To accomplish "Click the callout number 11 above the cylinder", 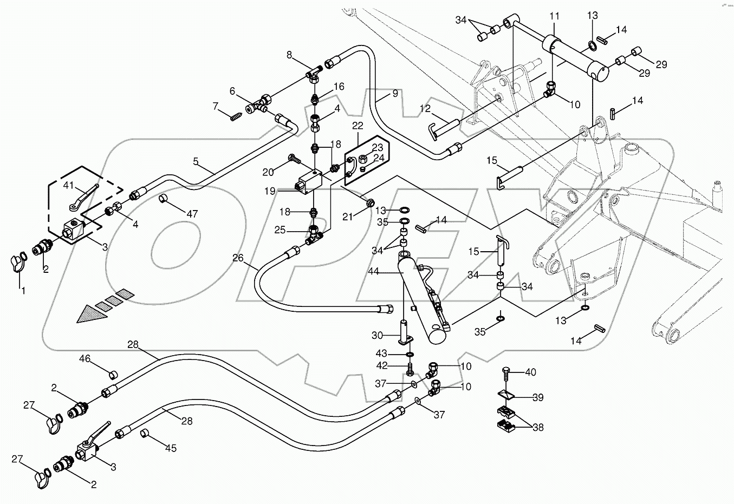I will pos(554,17).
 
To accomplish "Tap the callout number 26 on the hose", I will pos(238,258).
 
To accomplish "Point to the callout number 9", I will pos(395,93).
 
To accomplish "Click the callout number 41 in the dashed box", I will pos(68,185).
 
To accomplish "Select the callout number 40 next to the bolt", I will pos(531,372).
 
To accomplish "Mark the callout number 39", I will pos(537,397).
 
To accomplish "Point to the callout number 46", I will pos(85,358).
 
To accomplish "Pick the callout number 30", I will pos(378,335).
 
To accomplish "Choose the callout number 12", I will pos(425,109).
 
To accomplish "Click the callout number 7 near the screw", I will pos(215,105).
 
